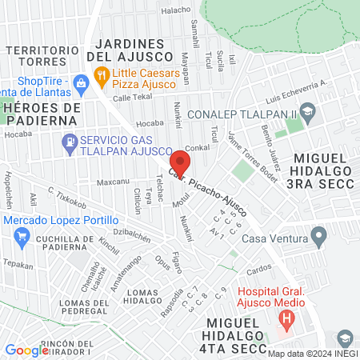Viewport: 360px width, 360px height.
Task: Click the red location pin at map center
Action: click(x=180, y=162)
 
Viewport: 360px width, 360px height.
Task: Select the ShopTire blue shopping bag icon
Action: click(x=81, y=82)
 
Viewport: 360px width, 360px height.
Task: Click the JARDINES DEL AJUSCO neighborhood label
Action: click(x=134, y=50)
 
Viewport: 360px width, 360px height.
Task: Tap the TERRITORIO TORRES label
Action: click(x=38, y=56)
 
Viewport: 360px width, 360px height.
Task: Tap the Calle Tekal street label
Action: click(x=131, y=97)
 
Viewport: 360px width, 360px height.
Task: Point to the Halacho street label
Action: click(x=176, y=10)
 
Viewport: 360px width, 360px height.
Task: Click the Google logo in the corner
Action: click(x=26, y=350)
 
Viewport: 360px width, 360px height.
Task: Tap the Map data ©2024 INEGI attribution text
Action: click(x=313, y=354)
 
